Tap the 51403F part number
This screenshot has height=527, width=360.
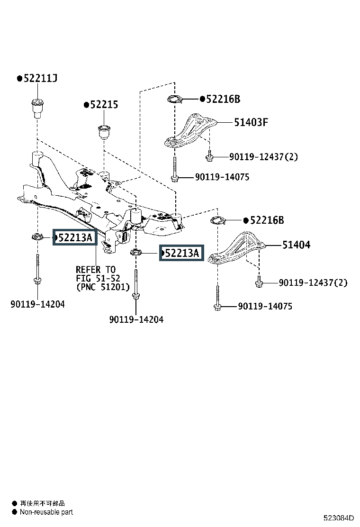251,122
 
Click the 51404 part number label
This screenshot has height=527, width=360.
296,245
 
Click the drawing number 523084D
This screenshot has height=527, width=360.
339,518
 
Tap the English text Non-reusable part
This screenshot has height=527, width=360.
46,512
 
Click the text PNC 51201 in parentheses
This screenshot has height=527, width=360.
103,287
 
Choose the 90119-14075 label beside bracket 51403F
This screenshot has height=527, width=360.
222,177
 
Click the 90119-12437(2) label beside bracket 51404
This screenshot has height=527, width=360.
313,282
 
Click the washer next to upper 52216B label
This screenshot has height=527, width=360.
175,99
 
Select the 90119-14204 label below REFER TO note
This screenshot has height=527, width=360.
136,319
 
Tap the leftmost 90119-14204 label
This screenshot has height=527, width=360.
37,304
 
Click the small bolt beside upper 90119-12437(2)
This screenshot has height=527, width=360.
209,156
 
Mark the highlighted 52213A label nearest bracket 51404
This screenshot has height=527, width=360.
181,253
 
